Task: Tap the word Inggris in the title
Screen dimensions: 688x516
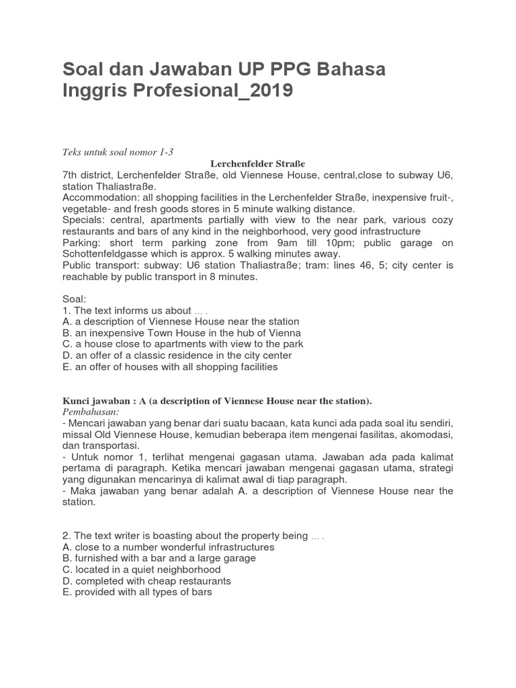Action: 88,90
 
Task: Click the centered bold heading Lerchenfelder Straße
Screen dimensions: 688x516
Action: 257,163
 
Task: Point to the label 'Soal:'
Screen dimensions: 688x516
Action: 75,299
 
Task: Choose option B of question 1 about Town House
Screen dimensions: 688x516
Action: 181,333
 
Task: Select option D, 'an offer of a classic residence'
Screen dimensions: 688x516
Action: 177,355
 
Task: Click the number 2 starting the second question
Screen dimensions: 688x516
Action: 65,535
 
